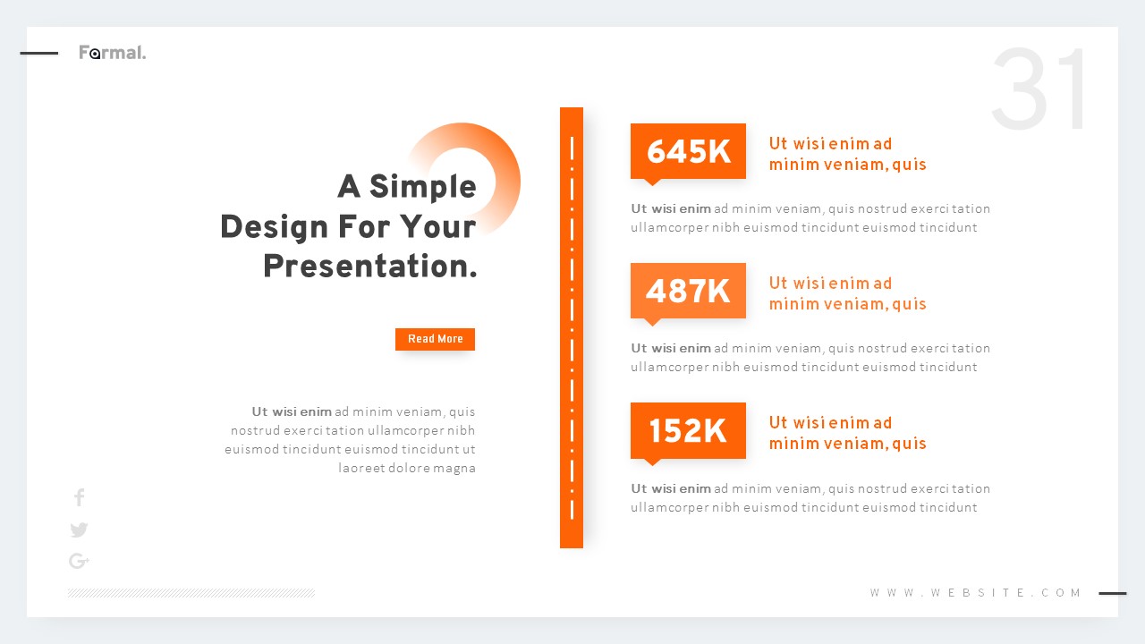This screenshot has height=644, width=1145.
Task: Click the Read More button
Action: click(x=435, y=339)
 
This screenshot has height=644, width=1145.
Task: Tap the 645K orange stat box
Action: click(x=688, y=152)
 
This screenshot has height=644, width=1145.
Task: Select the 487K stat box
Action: click(x=688, y=292)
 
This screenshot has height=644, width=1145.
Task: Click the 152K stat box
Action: click(x=688, y=431)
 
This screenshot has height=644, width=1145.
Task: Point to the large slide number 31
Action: click(x=1041, y=90)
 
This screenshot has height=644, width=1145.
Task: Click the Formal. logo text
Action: click(x=112, y=53)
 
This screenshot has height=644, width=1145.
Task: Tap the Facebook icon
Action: click(x=79, y=497)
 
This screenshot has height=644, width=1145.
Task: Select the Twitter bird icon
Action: click(x=79, y=530)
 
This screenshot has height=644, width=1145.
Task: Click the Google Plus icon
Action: click(x=79, y=561)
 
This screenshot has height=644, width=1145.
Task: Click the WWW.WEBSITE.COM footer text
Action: click(x=976, y=593)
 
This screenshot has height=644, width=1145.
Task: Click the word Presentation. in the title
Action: click(x=369, y=267)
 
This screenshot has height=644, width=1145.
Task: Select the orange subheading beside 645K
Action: click(x=846, y=154)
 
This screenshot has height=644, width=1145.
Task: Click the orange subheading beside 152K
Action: click(x=846, y=433)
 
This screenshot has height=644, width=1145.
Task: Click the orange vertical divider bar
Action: click(x=571, y=327)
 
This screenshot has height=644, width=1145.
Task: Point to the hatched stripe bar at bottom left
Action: click(x=191, y=593)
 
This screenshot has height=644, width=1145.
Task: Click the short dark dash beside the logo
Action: click(x=39, y=53)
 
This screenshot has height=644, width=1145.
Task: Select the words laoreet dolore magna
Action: click(x=407, y=468)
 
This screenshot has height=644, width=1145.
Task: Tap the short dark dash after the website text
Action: click(x=1112, y=593)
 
